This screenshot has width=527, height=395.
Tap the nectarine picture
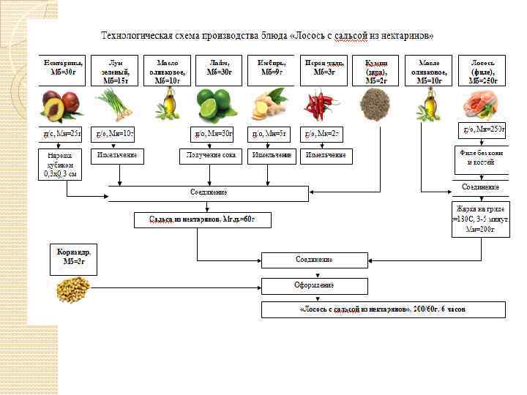[61, 105]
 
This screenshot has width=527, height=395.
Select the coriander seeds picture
[73, 290]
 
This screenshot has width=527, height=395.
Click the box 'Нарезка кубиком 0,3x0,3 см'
[61, 165]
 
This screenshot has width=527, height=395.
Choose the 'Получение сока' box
[210, 156]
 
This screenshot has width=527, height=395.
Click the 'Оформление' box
[314, 285]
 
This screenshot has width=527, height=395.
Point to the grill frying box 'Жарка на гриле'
[481, 218]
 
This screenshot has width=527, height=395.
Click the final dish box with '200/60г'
[384, 310]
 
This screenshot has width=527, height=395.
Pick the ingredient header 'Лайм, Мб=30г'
[219, 68]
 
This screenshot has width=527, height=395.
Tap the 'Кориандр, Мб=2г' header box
[73, 257]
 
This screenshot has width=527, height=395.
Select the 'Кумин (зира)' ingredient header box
[375, 71]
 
